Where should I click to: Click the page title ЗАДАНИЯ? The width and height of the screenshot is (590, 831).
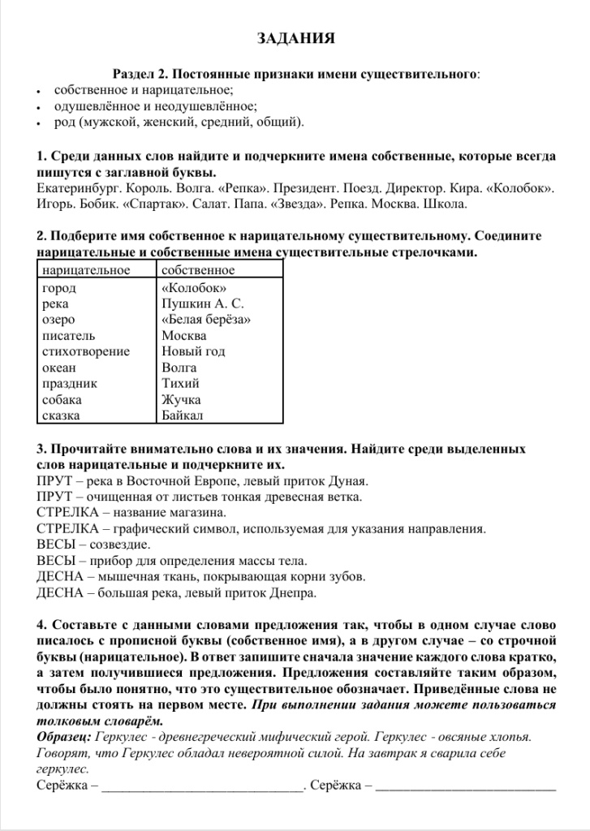coord(295,39)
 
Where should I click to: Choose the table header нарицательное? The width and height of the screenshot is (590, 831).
coord(85,270)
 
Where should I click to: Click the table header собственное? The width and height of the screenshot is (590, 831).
coord(198,270)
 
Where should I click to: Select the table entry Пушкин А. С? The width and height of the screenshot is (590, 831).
coord(203,304)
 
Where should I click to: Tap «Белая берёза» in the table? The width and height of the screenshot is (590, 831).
coord(206,320)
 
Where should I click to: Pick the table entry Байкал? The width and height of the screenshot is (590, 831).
coord(183,415)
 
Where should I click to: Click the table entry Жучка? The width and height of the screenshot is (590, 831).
coord(181,399)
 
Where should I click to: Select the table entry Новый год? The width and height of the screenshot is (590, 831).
coord(193,351)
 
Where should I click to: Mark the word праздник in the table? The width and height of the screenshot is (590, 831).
coord(69,383)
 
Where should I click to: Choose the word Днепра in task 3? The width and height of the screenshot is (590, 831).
coord(292,592)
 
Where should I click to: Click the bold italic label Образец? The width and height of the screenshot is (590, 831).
coord(64,737)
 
